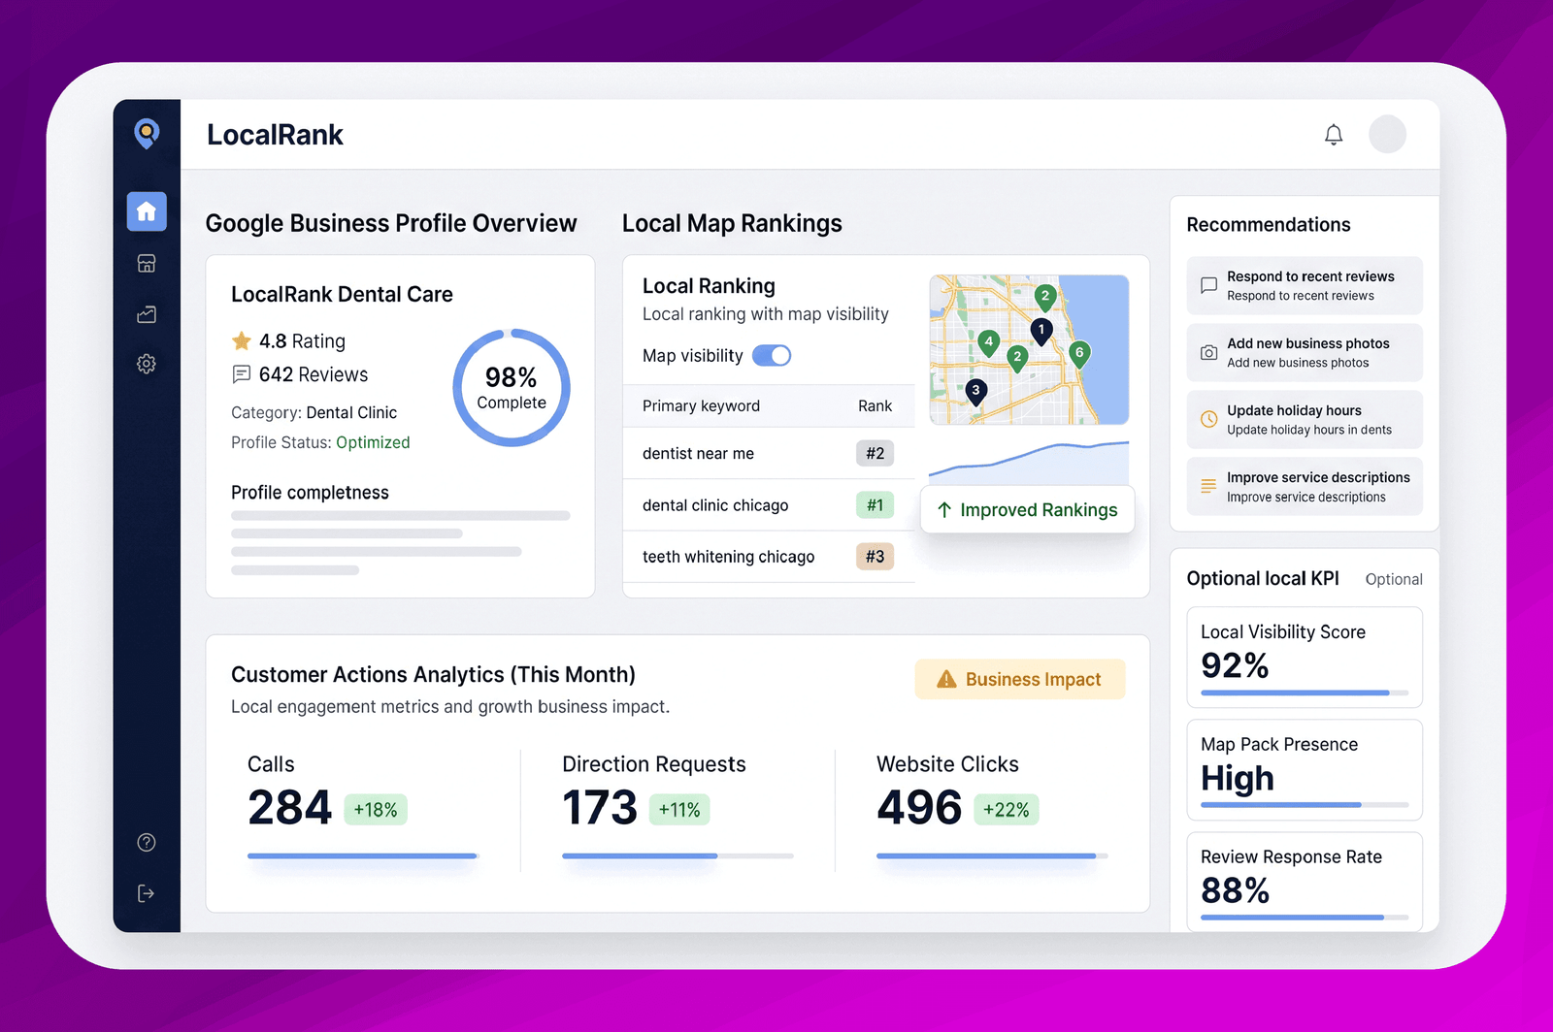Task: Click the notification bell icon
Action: pyautogui.click(x=1334, y=135)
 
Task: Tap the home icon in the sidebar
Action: pyautogui.click(x=147, y=211)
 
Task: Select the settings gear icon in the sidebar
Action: pyautogui.click(x=147, y=364)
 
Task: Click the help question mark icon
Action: pyautogui.click(x=147, y=842)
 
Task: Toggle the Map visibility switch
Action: pyautogui.click(x=772, y=355)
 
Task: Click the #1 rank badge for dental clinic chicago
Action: pyautogui.click(x=875, y=505)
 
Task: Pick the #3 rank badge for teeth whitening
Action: pyautogui.click(x=875, y=556)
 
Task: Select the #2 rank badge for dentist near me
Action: pyautogui.click(x=875, y=453)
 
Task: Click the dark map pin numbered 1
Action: pyautogui.click(x=1041, y=332)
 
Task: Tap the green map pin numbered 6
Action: pyautogui.click(x=1078, y=355)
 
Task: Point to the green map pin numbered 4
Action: pyautogui.click(x=989, y=342)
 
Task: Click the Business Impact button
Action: pyautogui.click(x=1020, y=679)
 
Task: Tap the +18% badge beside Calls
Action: pyautogui.click(x=375, y=809)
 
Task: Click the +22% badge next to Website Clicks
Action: pyautogui.click(x=1006, y=809)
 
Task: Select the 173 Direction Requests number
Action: pyautogui.click(x=600, y=808)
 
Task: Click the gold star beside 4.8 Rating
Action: pyautogui.click(x=242, y=340)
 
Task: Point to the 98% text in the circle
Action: pyautogui.click(x=511, y=376)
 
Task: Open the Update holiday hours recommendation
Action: pyautogui.click(x=1305, y=420)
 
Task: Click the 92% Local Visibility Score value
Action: pyautogui.click(x=1235, y=665)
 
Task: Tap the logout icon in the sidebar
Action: pyautogui.click(x=147, y=893)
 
